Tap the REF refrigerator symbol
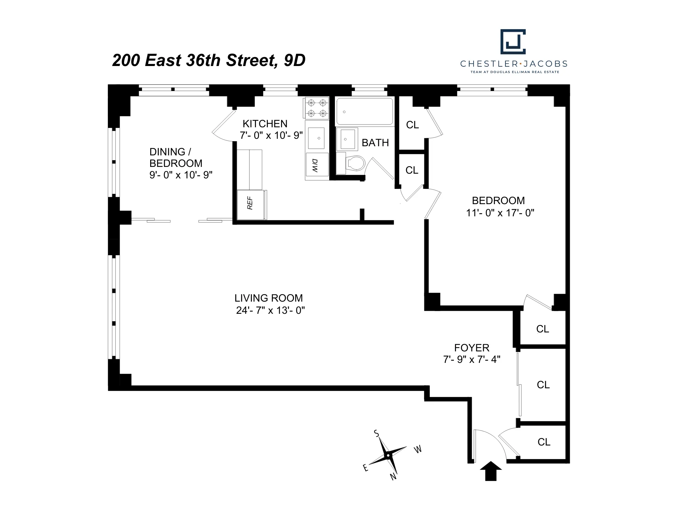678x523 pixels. pyautogui.click(x=251, y=204)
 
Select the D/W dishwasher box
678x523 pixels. pyautogui.click(x=317, y=165)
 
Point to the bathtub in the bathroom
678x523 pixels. pyautogui.click(x=364, y=111)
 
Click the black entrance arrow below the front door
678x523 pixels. pyautogui.click(x=491, y=472)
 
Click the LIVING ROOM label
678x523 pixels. pyautogui.click(x=268, y=298)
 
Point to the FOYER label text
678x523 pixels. pyautogui.click(x=472, y=348)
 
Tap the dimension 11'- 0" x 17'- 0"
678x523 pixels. pyautogui.click(x=500, y=213)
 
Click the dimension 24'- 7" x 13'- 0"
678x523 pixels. pyautogui.click(x=271, y=310)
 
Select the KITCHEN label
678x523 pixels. pyautogui.click(x=265, y=124)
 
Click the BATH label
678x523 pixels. pyautogui.click(x=375, y=143)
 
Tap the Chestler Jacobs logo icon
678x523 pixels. pyautogui.click(x=513, y=42)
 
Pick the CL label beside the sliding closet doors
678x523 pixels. pyautogui.click(x=543, y=385)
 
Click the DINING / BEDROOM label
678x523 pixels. pyautogui.click(x=176, y=157)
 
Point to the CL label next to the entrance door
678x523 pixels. pyautogui.click(x=544, y=442)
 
